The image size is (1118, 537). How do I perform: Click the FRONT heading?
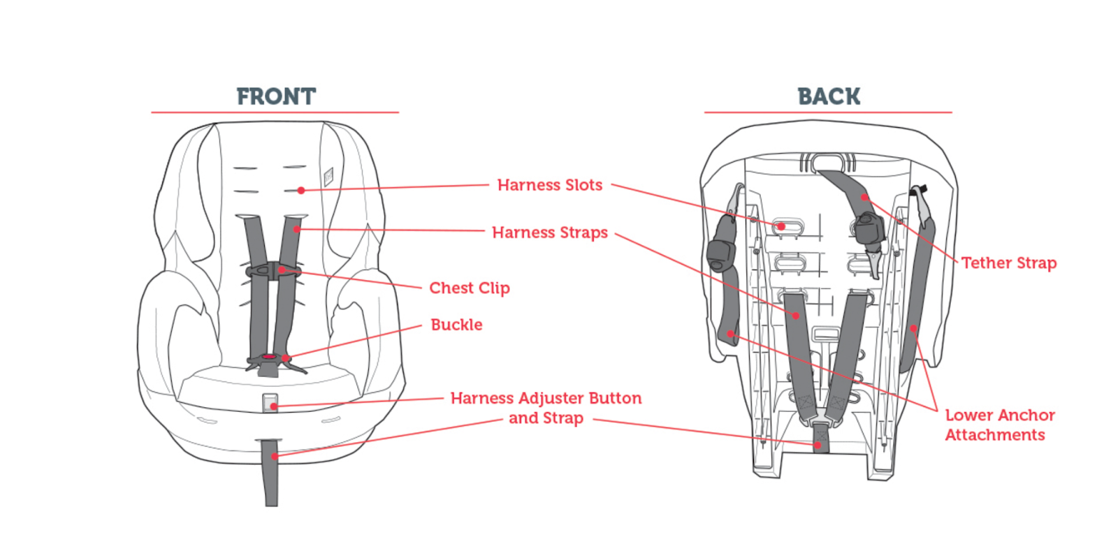pyautogui.click(x=276, y=96)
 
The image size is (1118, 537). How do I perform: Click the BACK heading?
pyautogui.click(x=829, y=96)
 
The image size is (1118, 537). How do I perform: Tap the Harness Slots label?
pyautogui.click(x=549, y=185)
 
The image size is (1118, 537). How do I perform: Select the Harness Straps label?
pyautogui.click(x=549, y=233)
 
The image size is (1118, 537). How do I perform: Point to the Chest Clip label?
pyautogui.click(x=469, y=288)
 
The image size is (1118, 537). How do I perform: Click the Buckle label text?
pyautogui.click(x=456, y=325)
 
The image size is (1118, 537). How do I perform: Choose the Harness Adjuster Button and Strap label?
pyautogui.click(x=546, y=408)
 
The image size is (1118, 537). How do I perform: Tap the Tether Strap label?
pyautogui.click(x=1008, y=263)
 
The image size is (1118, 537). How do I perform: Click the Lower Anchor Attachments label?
pyautogui.click(x=999, y=425)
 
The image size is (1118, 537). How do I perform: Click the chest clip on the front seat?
pyautogui.click(x=272, y=270)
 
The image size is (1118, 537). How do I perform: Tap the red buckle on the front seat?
pyautogui.click(x=270, y=358)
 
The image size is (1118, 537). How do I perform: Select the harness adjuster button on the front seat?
pyautogui.click(x=270, y=403)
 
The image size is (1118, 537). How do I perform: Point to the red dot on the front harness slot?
pyautogui.click(x=300, y=190)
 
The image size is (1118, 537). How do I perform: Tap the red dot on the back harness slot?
pyautogui.click(x=781, y=226)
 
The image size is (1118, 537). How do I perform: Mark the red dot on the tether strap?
pyautogui.click(x=864, y=197)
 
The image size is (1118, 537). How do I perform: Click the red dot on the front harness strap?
pyautogui.click(x=297, y=229)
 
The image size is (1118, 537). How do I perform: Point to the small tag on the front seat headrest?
pyautogui.click(x=328, y=175)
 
